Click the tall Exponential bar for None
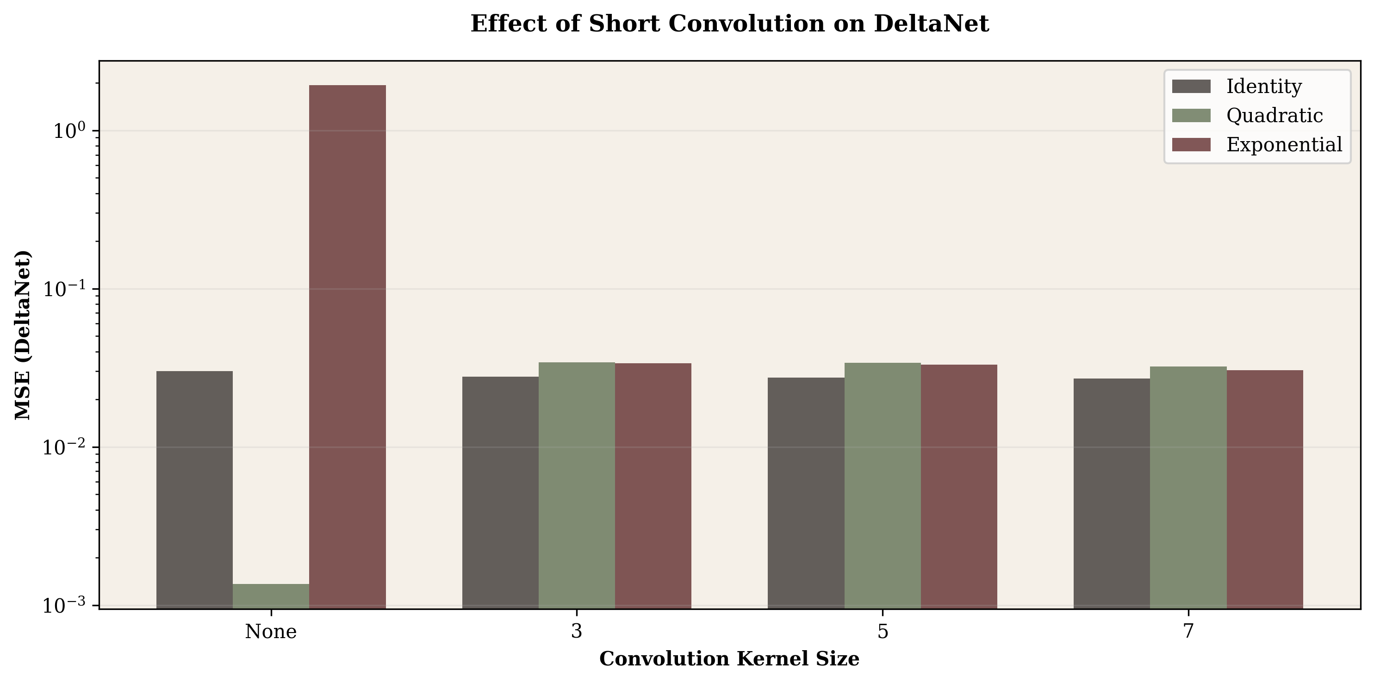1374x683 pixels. [x=347, y=347]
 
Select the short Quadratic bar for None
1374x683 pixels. [x=271, y=596]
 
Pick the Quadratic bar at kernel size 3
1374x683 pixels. [x=577, y=485]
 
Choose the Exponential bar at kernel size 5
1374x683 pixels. [x=959, y=486]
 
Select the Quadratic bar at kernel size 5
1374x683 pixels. [x=883, y=485]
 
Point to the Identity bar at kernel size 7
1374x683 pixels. [x=1112, y=493]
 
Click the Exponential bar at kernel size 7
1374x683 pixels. [x=1265, y=489]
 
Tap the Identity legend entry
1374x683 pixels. [x=1263, y=87]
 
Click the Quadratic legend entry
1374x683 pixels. [x=1274, y=116]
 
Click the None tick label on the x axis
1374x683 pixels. [x=271, y=632]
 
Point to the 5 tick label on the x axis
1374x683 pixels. [x=883, y=632]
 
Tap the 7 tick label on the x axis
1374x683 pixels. [x=1188, y=632]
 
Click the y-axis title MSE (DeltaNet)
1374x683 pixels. [x=22, y=335]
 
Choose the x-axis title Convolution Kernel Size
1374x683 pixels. [x=729, y=659]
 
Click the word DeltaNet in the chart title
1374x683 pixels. [x=931, y=24]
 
